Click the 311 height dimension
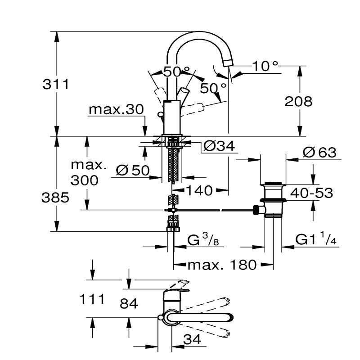point(56,84)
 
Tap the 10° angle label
point(265,66)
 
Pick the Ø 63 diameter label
point(319,153)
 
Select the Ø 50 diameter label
point(132,171)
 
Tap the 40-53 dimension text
point(311,193)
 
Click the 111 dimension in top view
point(92,298)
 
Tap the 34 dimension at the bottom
point(193,340)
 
